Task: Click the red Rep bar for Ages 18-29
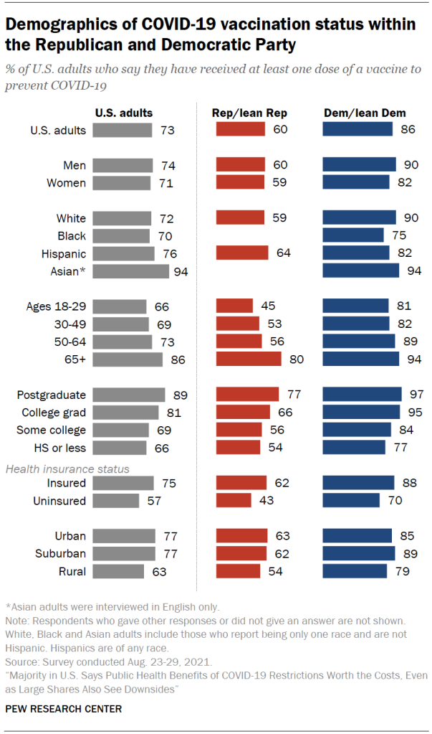click(234, 306)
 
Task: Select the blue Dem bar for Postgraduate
click(362, 395)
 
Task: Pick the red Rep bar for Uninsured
click(234, 501)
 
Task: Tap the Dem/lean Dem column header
click(365, 113)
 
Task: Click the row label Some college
click(52, 430)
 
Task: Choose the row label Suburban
click(61, 553)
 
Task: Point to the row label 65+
click(74, 359)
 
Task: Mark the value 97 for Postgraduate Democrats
click(414, 395)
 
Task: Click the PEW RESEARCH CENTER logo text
click(64, 708)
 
